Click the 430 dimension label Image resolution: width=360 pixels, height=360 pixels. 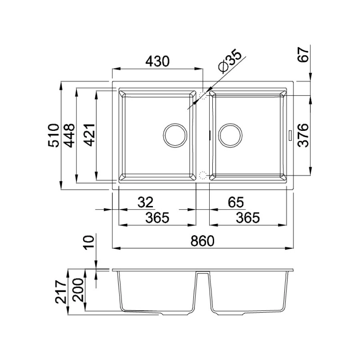click(158, 61)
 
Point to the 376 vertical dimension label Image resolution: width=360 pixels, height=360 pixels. click(303, 135)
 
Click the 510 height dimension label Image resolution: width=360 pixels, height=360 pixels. click(54, 135)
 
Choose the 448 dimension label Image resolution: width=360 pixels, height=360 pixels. click(69, 135)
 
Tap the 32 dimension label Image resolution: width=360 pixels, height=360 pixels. click(145, 202)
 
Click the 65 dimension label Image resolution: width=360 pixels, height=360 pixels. click(236, 202)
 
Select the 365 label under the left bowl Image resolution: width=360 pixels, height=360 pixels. click(157, 218)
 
